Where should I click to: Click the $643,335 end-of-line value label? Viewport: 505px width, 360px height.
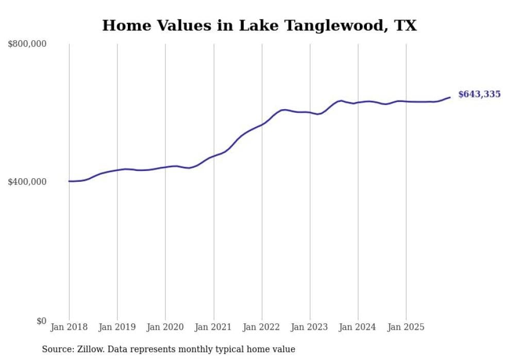[479, 94]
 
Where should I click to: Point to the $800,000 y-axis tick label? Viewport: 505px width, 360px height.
[27, 44]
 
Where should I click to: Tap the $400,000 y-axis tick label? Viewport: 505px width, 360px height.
[27, 182]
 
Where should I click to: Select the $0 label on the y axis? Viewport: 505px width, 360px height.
[41, 321]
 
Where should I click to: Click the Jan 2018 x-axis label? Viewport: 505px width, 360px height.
[69, 327]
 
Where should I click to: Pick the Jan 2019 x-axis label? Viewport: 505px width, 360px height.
[117, 327]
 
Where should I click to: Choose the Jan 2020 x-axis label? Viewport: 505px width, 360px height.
[165, 327]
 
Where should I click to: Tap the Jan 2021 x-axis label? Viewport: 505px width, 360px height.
[213, 327]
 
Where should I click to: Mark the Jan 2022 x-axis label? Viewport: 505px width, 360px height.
[262, 327]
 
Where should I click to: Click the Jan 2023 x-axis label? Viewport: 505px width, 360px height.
[310, 327]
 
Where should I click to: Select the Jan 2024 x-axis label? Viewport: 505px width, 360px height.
[358, 327]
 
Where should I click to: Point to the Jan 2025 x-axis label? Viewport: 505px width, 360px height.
[406, 327]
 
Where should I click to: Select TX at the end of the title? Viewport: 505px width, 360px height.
[406, 25]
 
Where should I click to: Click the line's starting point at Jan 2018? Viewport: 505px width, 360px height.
[69, 181]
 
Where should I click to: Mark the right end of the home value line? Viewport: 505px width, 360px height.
[450, 97]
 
